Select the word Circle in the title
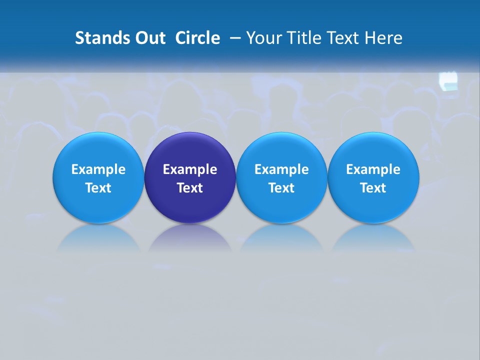(197, 38)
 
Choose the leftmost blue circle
(98, 205)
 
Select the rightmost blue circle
(373, 205)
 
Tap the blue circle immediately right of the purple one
(281, 205)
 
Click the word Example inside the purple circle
(190, 169)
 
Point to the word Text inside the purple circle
(190, 188)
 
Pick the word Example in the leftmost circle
(98, 169)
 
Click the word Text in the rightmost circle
(373, 188)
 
